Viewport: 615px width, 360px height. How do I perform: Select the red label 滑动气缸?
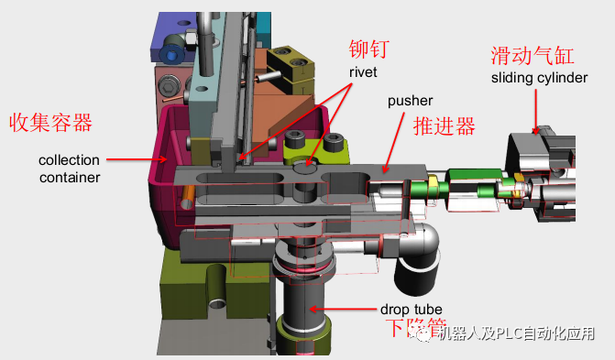[533, 57]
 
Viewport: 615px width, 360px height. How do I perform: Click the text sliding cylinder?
[539, 78]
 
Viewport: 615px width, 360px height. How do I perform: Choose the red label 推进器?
[445, 125]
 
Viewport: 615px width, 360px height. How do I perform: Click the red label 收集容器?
[51, 122]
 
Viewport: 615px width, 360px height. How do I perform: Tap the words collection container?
[70, 169]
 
